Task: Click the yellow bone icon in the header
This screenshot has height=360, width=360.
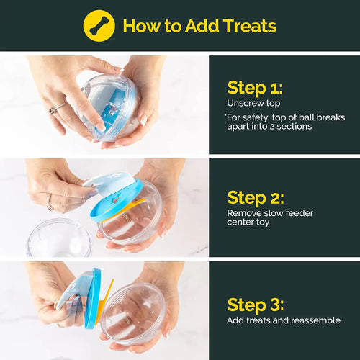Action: pos(99,25)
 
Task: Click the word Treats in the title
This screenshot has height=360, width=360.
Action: pos(245,26)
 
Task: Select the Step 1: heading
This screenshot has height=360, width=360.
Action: pos(254,89)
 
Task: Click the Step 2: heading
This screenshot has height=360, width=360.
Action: pos(256,197)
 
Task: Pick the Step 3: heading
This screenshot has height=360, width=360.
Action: pos(256,305)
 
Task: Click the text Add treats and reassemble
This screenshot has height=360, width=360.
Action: pos(284,320)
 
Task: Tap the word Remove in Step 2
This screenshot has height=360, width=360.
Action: pos(245,213)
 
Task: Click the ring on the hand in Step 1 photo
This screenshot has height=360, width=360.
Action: pos(53,109)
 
